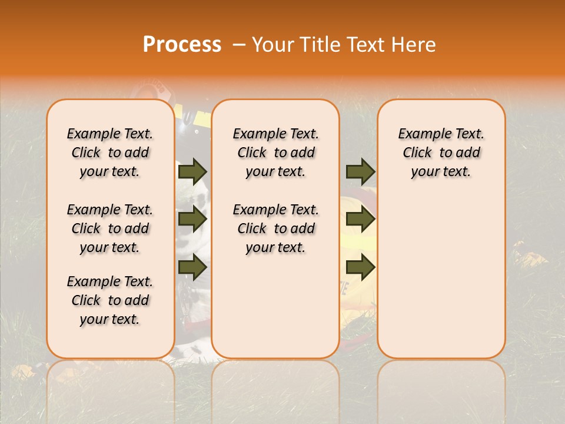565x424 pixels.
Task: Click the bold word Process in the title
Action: pyautogui.click(x=182, y=45)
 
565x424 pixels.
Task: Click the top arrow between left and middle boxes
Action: pyautogui.click(x=192, y=171)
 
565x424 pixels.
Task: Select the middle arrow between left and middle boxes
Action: pyautogui.click(x=192, y=220)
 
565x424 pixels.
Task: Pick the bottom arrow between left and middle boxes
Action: pyautogui.click(x=192, y=268)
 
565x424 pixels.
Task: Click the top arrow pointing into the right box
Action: pyautogui.click(x=360, y=171)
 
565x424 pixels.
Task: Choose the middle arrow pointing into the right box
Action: pyautogui.click(x=360, y=220)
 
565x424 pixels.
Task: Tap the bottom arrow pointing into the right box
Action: pyautogui.click(x=360, y=268)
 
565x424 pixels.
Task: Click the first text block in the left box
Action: pyautogui.click(x=110, y=153)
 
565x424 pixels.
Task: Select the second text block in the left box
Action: pyautogui.click(x=110, y=228)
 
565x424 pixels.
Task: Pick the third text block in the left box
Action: pyautogui.click(x=110, y=300)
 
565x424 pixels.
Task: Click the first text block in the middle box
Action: pyautogui.click(x=275, y=153)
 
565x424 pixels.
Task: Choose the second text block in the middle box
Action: pyautogui.click(x=275, y=228)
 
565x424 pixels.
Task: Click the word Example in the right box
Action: pyautogui.click(x=423, y=134)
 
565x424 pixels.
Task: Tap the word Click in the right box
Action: pyautogui.click(x=417, y=153)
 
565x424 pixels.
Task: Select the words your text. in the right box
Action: pyautogui.click(x=441, y=172)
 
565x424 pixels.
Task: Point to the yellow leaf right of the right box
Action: pyautogui.click(x=531, y=260)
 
